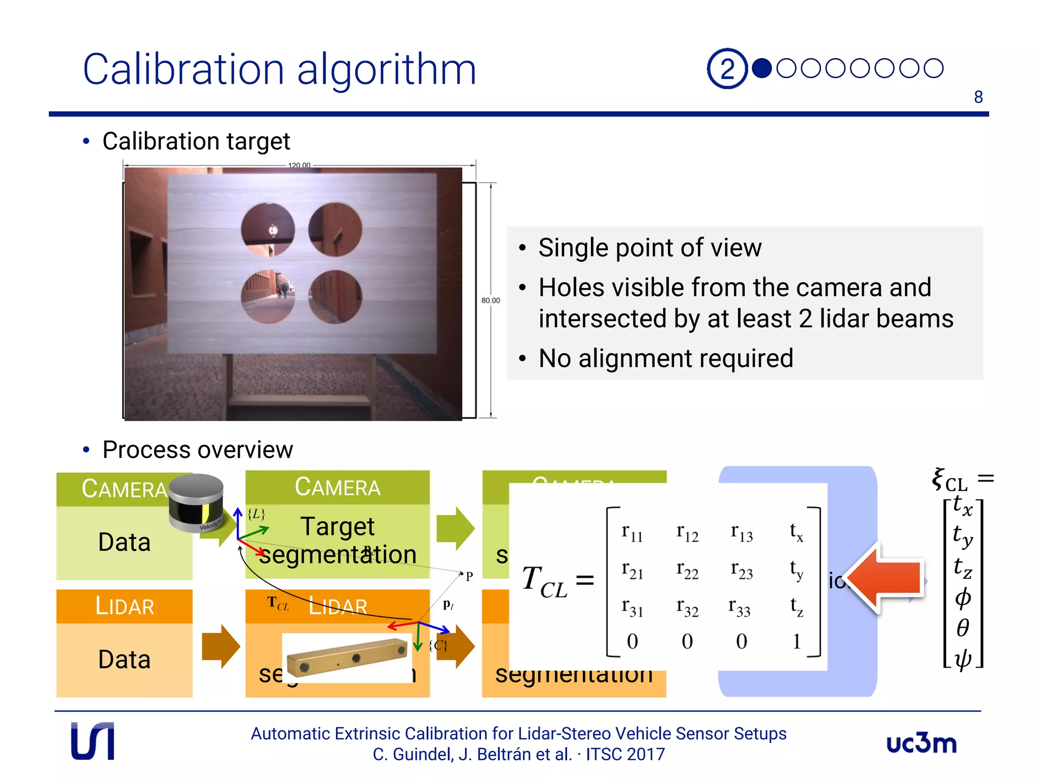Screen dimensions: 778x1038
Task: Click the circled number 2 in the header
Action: [x=727, y=68]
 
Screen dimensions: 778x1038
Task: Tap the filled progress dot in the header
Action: [x=761, y=68]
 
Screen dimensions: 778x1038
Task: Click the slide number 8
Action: [x=978, y=97]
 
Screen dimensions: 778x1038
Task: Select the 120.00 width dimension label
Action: [x=299, y=165]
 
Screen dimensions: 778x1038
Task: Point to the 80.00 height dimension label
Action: [x=490, y=300]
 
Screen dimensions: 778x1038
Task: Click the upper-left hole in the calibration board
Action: [x=268, y=229]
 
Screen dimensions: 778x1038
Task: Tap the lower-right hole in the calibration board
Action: [x=335, y=297]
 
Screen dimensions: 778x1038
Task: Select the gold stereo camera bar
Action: [x=347, y=657]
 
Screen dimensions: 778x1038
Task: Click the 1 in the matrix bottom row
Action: [x=796, y=641]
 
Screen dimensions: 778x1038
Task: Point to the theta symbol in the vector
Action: [x=962, y=628]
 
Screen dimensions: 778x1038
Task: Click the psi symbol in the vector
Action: [x=962, y=659]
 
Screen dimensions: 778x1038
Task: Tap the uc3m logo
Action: [x=921, y=744]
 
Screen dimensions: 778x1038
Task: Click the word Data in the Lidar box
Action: [x=124, y=659]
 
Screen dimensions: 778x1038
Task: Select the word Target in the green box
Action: [x=337, y=526]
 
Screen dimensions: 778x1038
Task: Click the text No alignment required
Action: [x=665, y=358]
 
